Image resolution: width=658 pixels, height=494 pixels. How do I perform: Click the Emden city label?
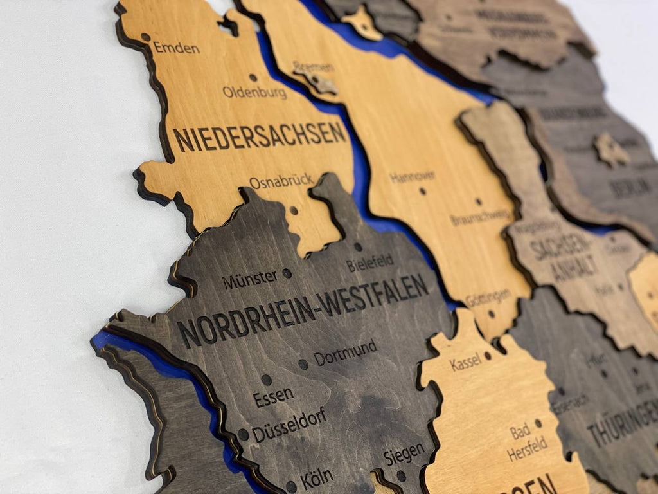coord(176,48)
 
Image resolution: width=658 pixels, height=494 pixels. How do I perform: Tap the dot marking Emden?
coord(146,37)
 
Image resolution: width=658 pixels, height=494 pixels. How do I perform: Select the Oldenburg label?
coord(254,93)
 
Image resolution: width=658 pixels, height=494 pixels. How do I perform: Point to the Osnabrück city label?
coord(281,182)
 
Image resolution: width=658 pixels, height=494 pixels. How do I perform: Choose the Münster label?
coord(250,280)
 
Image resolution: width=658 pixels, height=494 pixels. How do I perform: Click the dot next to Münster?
coord(287,273)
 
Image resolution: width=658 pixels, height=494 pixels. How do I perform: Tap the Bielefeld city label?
coord(369,263)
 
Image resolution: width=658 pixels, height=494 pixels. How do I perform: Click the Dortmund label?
coord(345,352)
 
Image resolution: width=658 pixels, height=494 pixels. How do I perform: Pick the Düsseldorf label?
coord(289,426)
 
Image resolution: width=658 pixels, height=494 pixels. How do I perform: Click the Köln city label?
coord(316,478)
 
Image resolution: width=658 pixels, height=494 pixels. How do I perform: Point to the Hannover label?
coord(412,177)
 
